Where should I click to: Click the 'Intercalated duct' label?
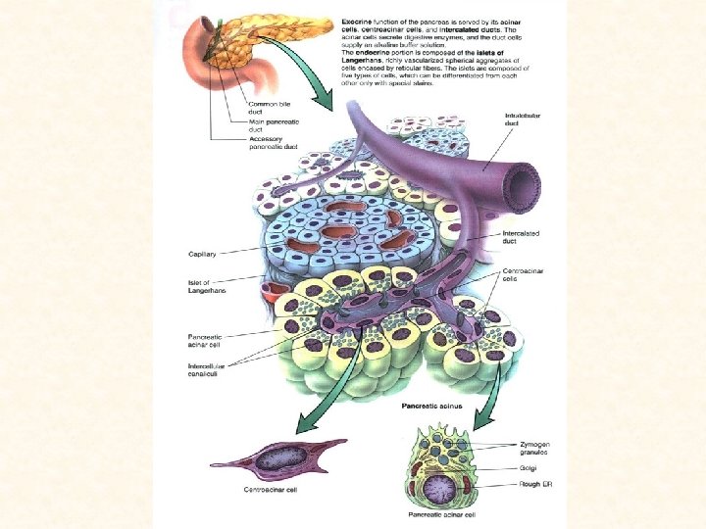pos(521,236)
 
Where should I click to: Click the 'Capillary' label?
pos(202,254)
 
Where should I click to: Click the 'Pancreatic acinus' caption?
pos(432,405)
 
